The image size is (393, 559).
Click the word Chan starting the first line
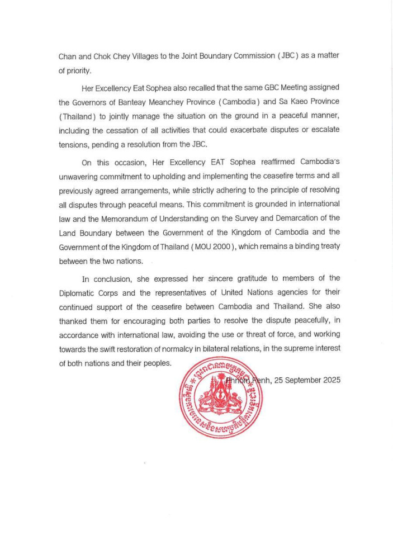tap(68, 56)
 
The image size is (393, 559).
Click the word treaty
tap(325, 247)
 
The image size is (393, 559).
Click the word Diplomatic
tap(79, 292)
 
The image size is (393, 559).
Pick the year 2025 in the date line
tap(330, 380)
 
